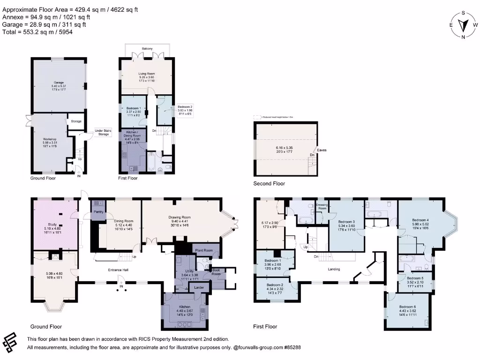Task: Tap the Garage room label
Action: (58, 82)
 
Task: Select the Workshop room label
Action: (50, 139)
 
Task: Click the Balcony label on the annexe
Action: (147, 49)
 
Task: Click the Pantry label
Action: (98, 211)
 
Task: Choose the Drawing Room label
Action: (180, 217)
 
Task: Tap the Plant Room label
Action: (203, 251)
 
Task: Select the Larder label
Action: (199, 287)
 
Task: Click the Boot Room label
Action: (216, 272)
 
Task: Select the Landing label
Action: (334, 269)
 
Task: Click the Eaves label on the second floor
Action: (322, 150)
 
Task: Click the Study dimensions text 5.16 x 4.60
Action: (52, 228)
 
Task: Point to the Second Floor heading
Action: (269, 183)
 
